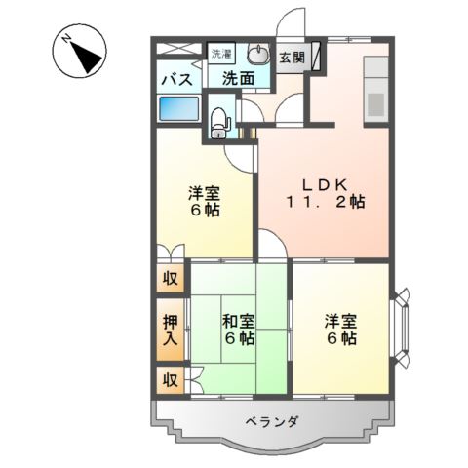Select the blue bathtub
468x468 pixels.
pyautogui.click(x=177, y=108)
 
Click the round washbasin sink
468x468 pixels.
pyautogui.click(x=258, y=54)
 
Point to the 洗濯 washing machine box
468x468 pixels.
pyautogui.click(x=221, y=54)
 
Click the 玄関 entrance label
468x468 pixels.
pyautogui.click(x=292, y=58)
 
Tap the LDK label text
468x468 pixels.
pyautogui.click(x=325, y=185)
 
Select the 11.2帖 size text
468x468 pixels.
pyautogui.click(x=325, y=202)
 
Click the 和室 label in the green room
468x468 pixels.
pyautogui.click(x=239, y=322)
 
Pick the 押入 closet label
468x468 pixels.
pyautogui.click(x=171, y=331)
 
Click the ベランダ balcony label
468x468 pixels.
pyautogui.click(x=272, y=422)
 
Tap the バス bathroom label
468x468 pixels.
pyautogui.click(x=177, y=79)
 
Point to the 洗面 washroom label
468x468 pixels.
pyautogui.click(x=238, y=78)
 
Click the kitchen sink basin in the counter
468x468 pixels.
pyautogui.click(x=376, y=104)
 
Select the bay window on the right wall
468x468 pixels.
pyautogui.click(x=401, y=328)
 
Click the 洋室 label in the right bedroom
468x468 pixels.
pyautogui.click(x=340, y=322)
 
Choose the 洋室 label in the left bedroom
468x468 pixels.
pyautogui.click(x=205, y=193)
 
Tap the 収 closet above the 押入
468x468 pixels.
pyautogui.click(x=171, y=278)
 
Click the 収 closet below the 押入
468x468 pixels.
pyautogui.click(x=171, y=379)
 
